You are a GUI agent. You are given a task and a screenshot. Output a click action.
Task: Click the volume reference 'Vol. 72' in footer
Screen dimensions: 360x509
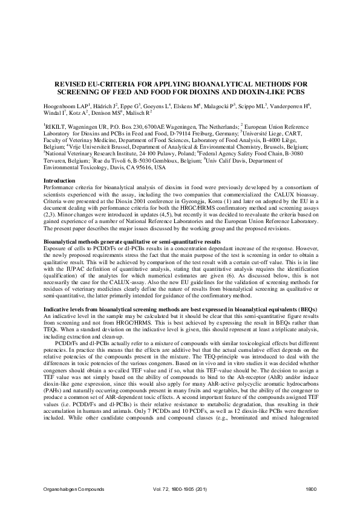(159, 488)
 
